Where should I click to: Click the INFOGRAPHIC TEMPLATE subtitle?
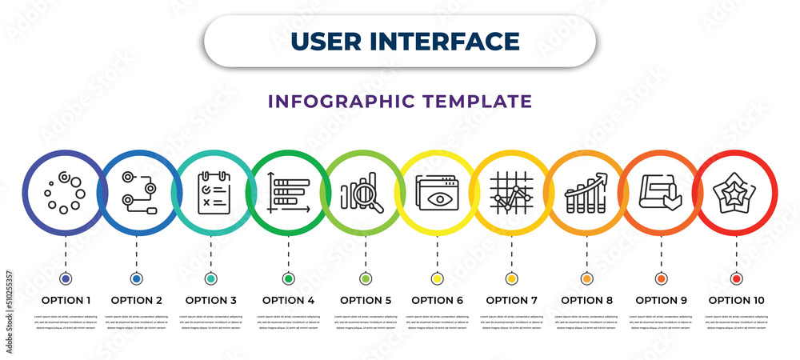tap(400, 102)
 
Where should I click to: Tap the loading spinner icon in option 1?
tap(64, 193)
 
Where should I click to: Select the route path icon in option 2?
tap(138, 193)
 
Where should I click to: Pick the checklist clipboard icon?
tap(213, 193)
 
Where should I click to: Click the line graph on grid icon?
tap(511, 193)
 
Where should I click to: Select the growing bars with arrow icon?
tap(586, 193)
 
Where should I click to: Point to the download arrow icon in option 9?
tap(661, 193)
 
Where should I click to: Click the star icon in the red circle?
tap(736, 193)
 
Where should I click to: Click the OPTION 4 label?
tap(289, 301)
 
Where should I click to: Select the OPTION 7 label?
tap(512, 301)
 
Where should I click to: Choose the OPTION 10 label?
tap(736, 301)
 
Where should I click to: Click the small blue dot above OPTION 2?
tap(136, 279)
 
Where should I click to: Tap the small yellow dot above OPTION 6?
tap(437, 279)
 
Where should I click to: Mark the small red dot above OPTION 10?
tap(736, 279)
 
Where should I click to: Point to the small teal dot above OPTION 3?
tap(211, 279)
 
